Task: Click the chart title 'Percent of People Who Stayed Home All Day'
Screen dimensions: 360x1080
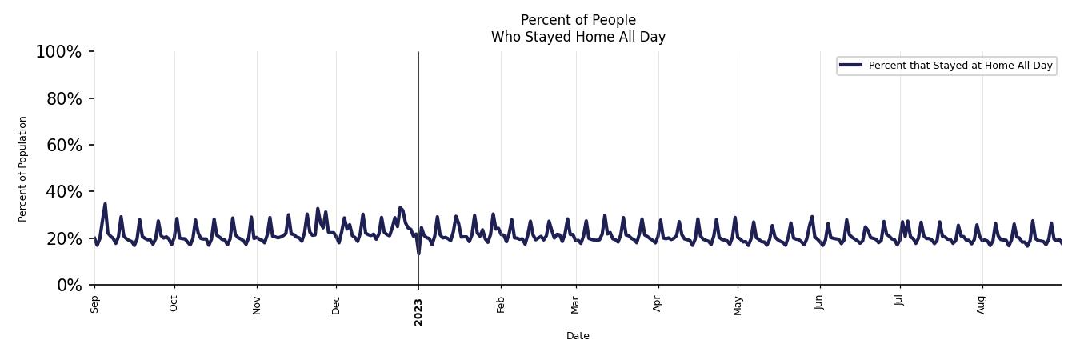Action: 578,28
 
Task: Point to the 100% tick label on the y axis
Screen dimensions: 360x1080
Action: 58,52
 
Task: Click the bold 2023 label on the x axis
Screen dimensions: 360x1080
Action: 418,311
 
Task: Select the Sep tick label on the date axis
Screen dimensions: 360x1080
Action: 95,304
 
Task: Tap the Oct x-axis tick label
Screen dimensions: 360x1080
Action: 174,304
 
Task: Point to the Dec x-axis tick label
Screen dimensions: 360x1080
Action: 336,304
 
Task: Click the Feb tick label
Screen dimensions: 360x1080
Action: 501,304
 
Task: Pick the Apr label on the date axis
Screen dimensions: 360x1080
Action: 658,304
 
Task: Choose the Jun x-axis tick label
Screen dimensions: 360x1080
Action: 819,304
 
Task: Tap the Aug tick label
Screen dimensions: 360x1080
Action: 982,304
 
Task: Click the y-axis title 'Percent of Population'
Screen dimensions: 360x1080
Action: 23,169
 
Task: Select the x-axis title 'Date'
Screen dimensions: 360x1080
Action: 578,336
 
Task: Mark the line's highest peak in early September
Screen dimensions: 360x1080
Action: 105,204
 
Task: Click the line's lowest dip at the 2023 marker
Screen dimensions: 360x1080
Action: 418,254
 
